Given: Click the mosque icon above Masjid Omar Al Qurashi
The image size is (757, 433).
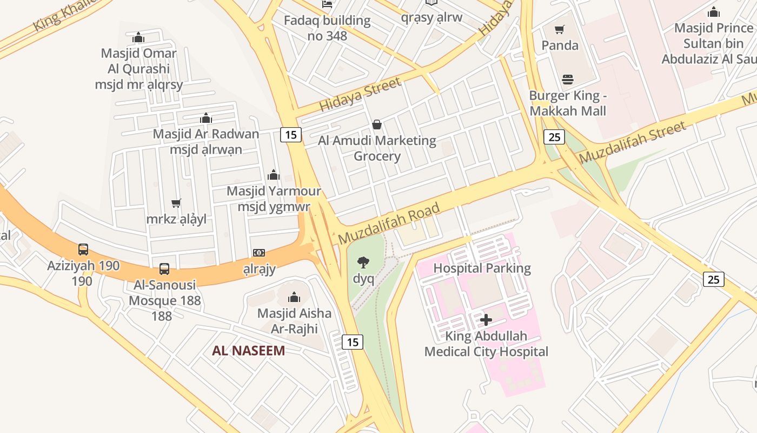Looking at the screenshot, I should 138,37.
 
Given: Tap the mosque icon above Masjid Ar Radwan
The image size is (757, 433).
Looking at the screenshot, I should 206,118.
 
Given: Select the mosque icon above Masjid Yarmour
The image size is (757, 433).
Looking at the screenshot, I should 274,175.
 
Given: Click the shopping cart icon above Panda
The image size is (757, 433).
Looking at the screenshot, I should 560,29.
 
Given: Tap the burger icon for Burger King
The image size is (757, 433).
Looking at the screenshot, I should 568,80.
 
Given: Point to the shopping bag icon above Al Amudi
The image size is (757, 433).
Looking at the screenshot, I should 377,125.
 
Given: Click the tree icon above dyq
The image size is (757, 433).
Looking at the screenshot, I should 363,263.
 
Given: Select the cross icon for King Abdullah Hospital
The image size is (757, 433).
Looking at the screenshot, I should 486,320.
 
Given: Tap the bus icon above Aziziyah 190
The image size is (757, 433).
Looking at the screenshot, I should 83,250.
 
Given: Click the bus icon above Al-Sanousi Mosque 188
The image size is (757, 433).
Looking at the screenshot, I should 164,268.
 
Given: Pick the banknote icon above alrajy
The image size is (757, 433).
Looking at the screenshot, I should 259,253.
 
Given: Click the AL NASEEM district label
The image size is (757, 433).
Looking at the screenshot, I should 248,351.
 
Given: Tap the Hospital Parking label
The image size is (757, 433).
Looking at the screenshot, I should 482,268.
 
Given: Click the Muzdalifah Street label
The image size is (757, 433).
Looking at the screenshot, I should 633,143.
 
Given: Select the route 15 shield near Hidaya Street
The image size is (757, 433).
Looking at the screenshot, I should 291,135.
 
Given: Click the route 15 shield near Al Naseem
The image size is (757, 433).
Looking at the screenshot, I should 353,342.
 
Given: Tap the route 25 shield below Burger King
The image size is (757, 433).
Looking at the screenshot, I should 554,137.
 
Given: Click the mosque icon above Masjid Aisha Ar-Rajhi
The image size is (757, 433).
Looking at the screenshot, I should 294,297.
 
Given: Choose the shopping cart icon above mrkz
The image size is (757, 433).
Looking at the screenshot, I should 176,204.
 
